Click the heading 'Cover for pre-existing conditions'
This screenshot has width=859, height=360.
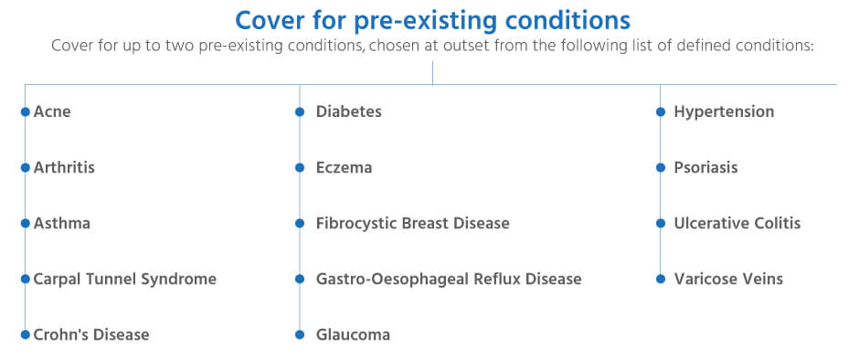[x=432, y=19]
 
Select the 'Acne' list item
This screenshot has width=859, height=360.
[x=52, y=111]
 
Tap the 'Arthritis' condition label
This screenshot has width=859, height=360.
[x=64, y=167]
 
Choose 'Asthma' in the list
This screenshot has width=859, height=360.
[x=62, y=223]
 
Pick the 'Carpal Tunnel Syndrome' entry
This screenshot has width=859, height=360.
[x=125, y=279]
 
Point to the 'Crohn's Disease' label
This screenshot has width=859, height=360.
[x=91, y=334]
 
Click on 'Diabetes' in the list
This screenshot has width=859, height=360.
[x=348, y=111]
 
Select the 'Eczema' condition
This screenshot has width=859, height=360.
[x=344, y=167]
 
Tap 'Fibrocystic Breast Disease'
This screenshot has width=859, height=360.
[x=412, y=223]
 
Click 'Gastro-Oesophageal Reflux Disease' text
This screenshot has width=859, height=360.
[x=448, y=279]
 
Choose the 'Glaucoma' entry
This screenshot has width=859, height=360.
[x=353, y=334]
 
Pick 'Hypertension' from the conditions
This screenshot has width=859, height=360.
[x=724, y=111]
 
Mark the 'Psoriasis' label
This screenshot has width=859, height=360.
[x=705, y=167]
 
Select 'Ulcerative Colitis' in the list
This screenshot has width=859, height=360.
[x=737, y=223]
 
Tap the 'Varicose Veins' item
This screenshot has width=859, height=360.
[x=728, y=279]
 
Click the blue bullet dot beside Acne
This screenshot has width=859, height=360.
[x=26, y=111]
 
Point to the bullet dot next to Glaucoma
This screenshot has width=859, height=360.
[x=300, y=334]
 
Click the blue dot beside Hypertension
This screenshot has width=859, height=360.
[x=661, y=111]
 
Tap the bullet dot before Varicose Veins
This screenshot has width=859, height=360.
[x=661, y=279]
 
